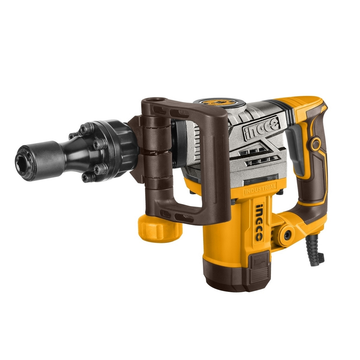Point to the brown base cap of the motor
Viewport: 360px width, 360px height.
click(x=237, y=282)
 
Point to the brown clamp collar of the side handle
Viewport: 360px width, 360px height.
click(x=156, y=141)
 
